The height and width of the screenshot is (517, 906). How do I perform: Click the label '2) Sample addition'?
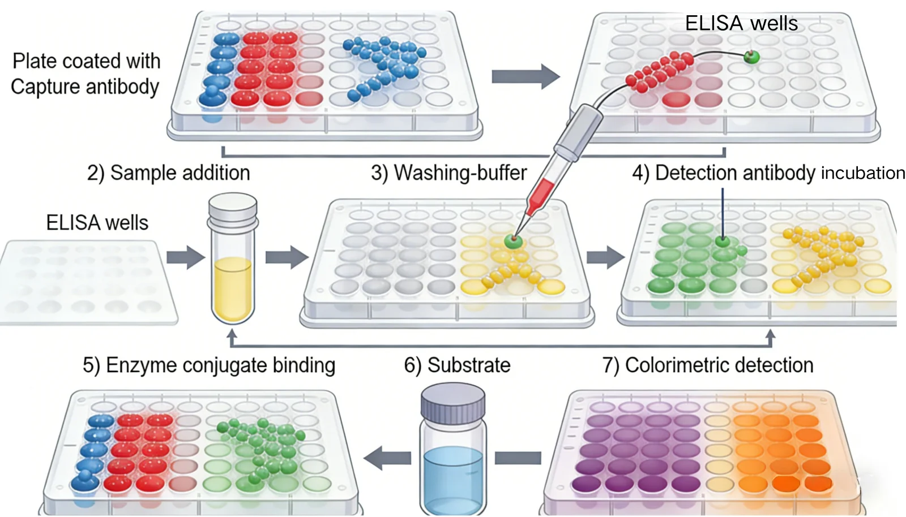168,173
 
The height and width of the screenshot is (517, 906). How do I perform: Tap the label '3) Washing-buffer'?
448,173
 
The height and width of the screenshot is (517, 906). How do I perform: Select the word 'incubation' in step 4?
862,173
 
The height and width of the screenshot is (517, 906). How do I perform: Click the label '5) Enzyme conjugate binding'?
209,365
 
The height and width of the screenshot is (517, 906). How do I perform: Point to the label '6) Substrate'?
457,365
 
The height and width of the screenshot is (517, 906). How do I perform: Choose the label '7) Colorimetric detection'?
707,365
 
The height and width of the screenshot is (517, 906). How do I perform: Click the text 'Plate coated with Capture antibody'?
86,74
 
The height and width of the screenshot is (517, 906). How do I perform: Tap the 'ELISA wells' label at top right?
741,24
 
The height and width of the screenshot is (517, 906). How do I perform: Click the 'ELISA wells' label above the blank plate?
97,223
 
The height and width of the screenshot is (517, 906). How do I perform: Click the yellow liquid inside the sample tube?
232,288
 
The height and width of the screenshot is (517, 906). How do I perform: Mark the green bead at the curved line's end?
751,57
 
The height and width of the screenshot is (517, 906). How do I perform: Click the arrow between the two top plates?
524,76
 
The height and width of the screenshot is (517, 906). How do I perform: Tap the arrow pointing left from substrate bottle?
388,458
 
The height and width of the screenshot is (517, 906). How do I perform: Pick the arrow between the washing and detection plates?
605,258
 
